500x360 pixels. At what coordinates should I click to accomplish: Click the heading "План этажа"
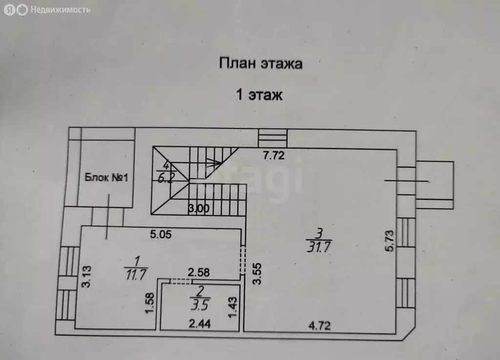tap(261, 64)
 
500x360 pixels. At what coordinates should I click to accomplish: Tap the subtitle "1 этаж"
tap(259, 95)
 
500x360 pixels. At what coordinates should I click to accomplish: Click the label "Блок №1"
tap(106, 177)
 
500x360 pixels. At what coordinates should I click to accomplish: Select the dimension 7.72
tap(273, 155)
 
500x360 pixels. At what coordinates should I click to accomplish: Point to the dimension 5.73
tap(390, 241)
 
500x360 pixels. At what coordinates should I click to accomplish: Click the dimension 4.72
tap(319, 325)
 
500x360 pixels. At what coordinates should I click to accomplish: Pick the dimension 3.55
tap(257, 273)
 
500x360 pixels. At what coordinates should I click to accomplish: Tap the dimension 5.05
tap(161, 234)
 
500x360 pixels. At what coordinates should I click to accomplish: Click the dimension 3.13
tap(86, 277)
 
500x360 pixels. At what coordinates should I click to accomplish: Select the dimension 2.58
tap(199, 272)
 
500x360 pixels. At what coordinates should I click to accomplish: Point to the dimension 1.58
tap(149, 303)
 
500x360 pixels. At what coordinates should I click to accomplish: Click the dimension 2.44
tap(200, 324)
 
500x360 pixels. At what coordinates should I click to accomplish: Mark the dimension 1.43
tap(233, 307)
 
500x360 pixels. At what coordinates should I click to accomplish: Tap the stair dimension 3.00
tap(199, 209)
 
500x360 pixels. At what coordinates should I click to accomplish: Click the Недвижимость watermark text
tap(60, 10)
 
